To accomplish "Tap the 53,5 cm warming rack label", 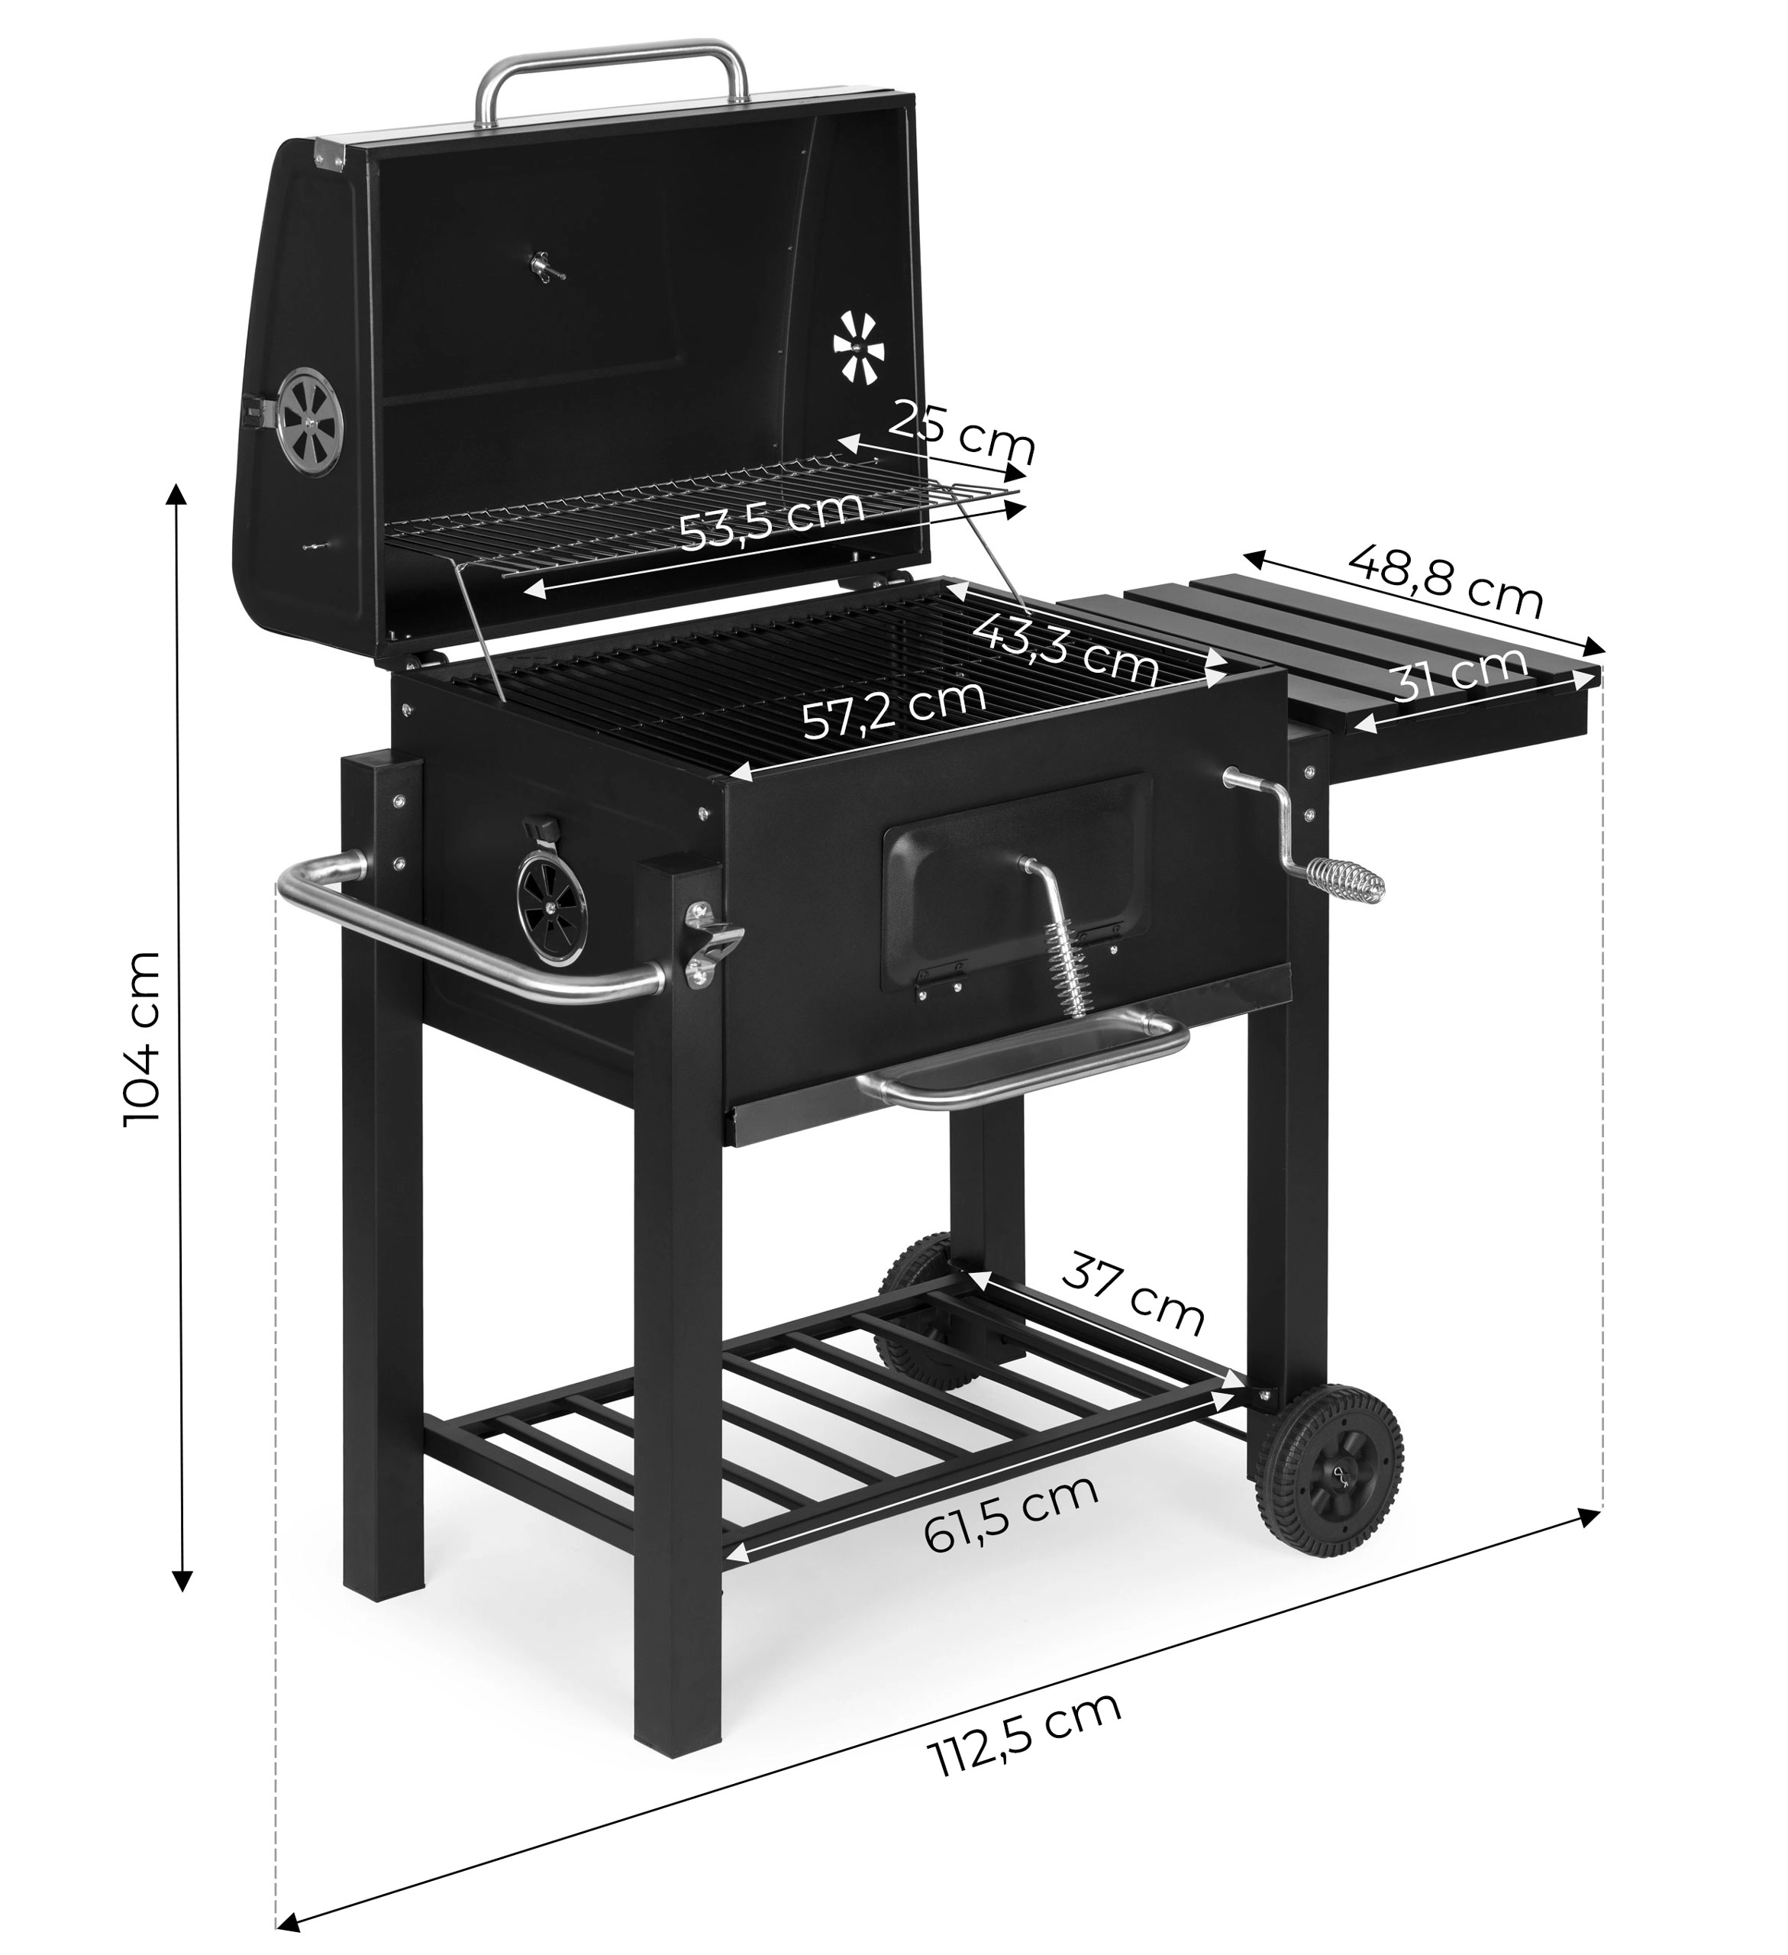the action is tap(771, 519).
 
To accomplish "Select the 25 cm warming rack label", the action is tap(962, 431).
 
